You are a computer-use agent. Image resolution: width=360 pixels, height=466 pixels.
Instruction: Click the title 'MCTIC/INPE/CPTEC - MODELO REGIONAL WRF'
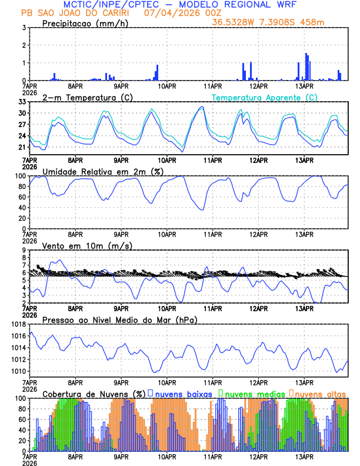coord(180,5)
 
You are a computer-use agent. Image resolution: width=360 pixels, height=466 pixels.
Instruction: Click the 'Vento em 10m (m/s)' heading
coord(87,245)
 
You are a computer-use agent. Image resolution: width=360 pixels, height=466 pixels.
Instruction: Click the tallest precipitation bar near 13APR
coord(306,66)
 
